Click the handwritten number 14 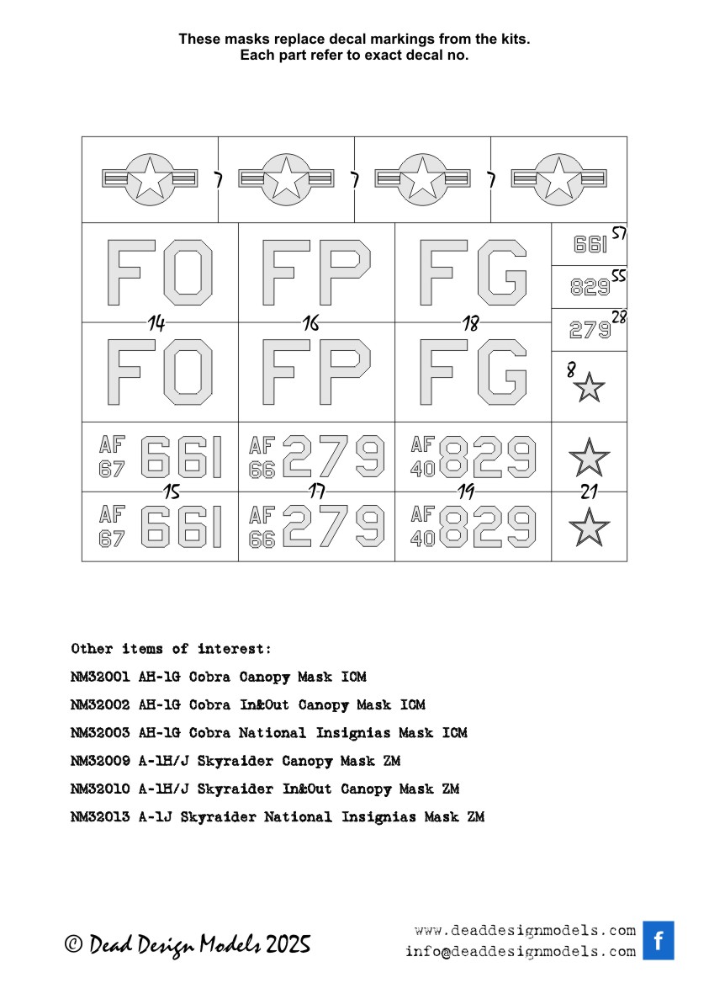[x=156, y=322]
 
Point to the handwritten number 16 [x=311, y=322]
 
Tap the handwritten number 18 [x=470, y=322]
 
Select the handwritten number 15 [x=172, y=492]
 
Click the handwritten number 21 [x=589, y=492]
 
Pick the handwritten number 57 [x=618, y=233]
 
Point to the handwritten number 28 [x=618, y=317]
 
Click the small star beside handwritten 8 [x=590, y=388]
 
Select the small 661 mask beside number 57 [x=590, y=245]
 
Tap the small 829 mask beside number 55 [x=590, y=288]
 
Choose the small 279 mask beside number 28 [x=590, y=330]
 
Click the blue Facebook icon [x=658, y=940]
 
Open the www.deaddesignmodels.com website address [x=525, y=931]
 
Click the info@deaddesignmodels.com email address [x=521, y=952]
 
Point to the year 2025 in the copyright [x=288, y=944]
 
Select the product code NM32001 [x=100, y=677]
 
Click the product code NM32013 [x=100, y=817]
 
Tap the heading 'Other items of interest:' [x=172, y=649]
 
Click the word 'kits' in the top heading [x=515, y=40]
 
